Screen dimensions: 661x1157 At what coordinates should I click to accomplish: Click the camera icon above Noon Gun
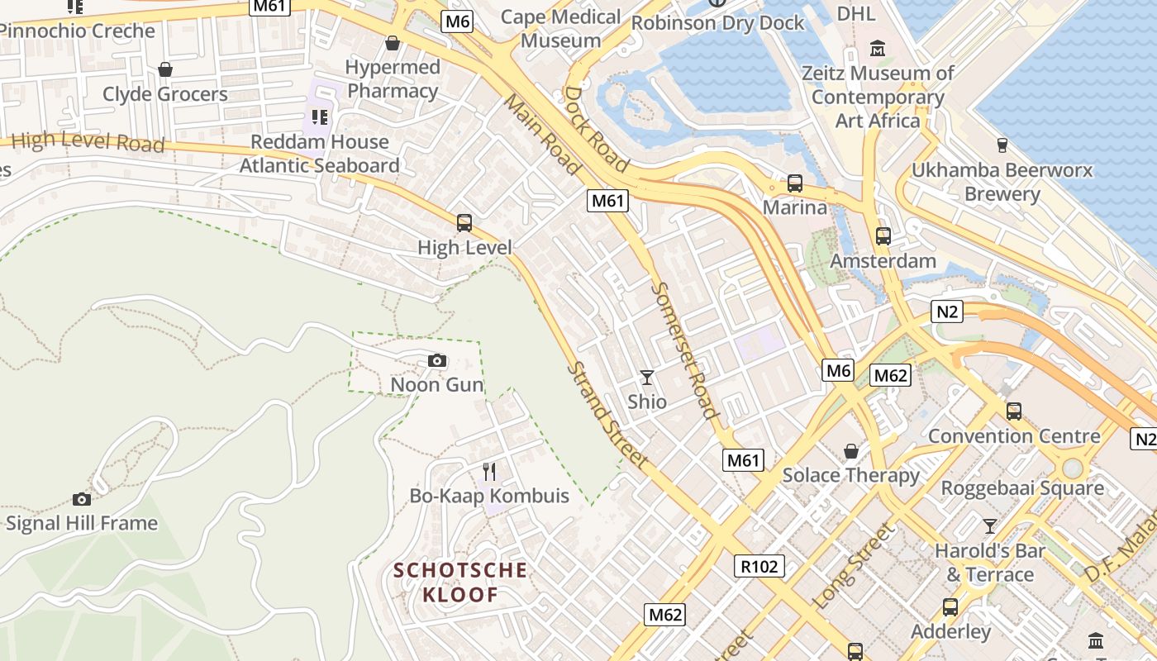pyautogui.click(x=437, y=360)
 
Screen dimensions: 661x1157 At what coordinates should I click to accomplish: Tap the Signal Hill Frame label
pyautogui.click(x=81, y=523)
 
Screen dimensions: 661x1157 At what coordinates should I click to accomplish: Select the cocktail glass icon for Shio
pyautogui.click(x=647, y=378)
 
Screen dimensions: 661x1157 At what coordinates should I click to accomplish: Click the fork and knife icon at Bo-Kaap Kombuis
pyautogui.click(x=489, y=472)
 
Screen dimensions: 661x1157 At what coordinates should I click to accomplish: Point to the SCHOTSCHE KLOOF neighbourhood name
pyautogui.click(x=460, y=582)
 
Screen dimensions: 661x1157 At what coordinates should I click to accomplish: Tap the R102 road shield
pyautogui.click(x=759, y=566)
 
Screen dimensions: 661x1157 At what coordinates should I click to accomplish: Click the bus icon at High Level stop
pyautogui.click(x=464, y=222)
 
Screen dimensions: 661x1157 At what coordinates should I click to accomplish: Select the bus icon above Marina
pyautogui.click(x=795, y=183)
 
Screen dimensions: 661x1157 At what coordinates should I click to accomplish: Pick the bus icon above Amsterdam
pyautogui.click(x=883, y=236)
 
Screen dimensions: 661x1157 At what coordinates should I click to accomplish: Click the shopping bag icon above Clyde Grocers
pyautogui.click(x=165, y=69)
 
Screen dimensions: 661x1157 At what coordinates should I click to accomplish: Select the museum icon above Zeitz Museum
pyautogui.click(x=878, y=48)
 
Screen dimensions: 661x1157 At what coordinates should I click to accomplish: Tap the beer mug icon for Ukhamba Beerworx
pyautogui.click(x=1002, y=145)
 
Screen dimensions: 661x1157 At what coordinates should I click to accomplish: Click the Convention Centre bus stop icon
pyautogui.click(x=1014, y=411)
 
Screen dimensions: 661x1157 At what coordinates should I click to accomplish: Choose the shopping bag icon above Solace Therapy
pyautogui.click(x=850, y=451)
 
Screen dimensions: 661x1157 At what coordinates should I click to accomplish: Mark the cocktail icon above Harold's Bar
pyautogui.click(x=989, y=525)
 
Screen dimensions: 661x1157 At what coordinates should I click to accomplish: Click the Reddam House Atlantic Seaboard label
pyautogui.click(x=320, y=154)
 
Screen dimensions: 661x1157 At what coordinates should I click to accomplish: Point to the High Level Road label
pyautogui.click(x=88, y=141)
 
